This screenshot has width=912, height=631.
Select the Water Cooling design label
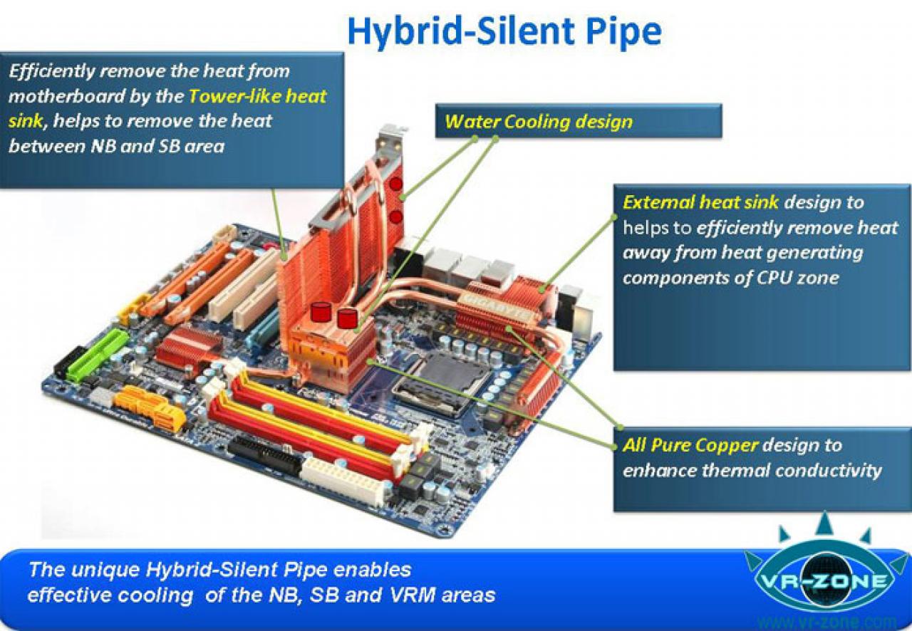[x=539, y=122]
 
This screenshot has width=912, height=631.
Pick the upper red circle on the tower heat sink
[x=395, y=184]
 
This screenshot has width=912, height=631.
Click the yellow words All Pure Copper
[x=691, y=445]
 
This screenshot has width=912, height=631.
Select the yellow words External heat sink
[x=700, y=202]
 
